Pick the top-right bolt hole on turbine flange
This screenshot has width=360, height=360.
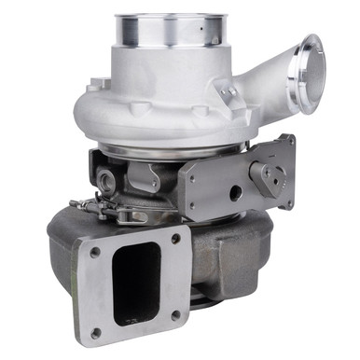[x=175, y=239]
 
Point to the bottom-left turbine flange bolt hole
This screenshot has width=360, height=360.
[x=96, y=331]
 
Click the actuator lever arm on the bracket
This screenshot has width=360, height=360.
[x=270, y=174]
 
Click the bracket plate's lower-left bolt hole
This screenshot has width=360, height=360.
[x=196, y=210]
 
